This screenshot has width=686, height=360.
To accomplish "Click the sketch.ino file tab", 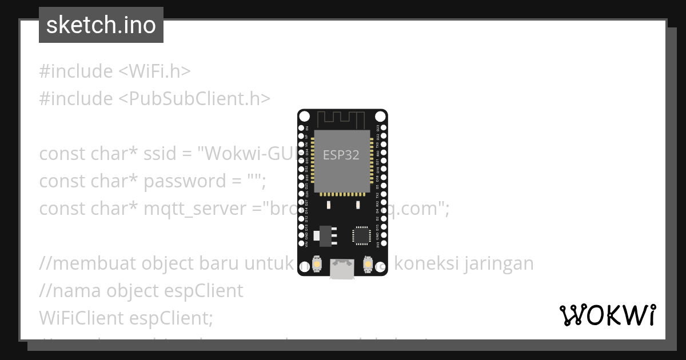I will coord(101,25).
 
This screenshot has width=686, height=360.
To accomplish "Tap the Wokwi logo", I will coord(607,315).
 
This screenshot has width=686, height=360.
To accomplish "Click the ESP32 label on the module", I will coord(341,155).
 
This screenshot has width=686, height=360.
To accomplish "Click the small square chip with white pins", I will coord(361,235).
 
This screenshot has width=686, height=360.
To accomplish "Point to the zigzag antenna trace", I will coord(341,118).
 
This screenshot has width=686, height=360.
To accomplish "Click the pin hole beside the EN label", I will coord(302,127).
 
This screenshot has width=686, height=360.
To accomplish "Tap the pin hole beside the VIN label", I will coord(302,244).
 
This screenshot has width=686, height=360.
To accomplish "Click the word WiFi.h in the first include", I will coord(154,71).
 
